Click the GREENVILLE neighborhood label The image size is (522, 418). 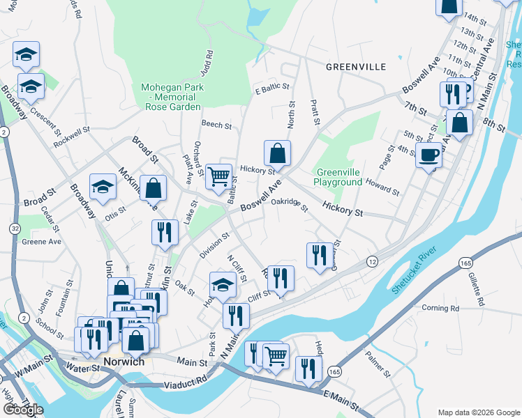(355, 67)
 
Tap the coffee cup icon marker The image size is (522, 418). (428, 155)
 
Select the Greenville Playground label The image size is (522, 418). (339, 177)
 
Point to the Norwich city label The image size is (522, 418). (124, 362)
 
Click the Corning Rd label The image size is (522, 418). (440, 307)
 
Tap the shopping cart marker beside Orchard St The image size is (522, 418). (219, 176)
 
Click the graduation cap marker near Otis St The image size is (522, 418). (103, 187)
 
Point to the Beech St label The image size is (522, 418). (216, 125)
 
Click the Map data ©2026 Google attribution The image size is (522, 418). (479, 412)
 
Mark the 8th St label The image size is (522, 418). (492, 125)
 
